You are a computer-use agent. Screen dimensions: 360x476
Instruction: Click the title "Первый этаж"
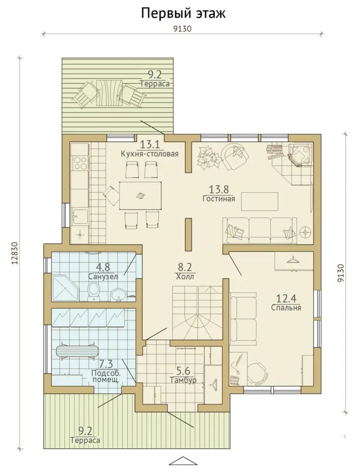click(183, 13)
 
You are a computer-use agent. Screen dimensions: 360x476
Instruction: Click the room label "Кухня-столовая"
click(150, 153)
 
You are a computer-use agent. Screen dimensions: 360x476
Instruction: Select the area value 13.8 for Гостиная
click(218, 190)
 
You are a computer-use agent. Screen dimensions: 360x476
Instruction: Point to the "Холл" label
click(184, 277)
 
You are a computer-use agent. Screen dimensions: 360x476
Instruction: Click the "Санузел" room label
click(103, 277)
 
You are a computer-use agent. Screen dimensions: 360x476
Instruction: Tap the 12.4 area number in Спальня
click(286, 299)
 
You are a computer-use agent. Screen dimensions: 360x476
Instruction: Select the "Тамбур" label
click(183, 380)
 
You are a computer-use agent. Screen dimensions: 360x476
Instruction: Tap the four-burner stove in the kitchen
click(80, 163)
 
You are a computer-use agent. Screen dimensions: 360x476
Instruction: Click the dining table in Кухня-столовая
click(140, 195)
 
